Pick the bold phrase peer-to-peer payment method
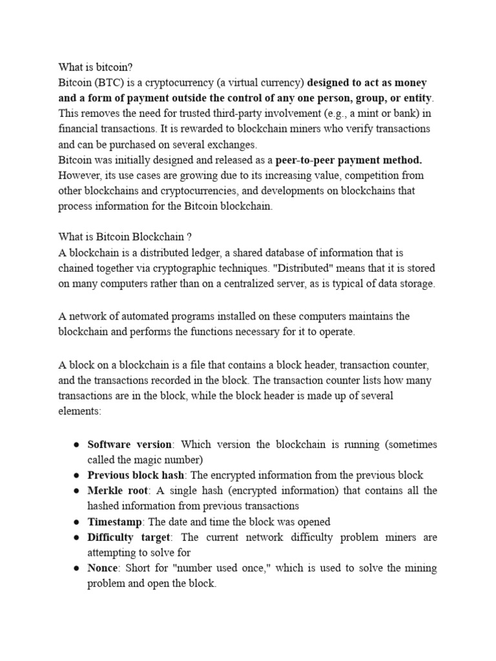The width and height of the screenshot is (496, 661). [349, 159]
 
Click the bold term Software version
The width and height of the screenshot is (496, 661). [130, 445]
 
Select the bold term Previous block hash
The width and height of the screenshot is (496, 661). [136, 476]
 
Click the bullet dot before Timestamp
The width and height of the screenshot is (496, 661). [76, 522]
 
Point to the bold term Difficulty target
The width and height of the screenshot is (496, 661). [129, 538]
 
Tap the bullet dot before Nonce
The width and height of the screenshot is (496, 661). [76, 569]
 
